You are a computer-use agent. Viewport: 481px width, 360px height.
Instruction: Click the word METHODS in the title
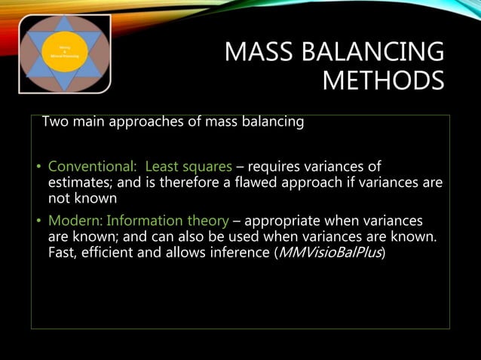383,80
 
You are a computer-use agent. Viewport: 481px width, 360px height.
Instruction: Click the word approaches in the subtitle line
139,121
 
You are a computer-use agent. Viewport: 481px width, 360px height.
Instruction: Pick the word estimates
78,182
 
